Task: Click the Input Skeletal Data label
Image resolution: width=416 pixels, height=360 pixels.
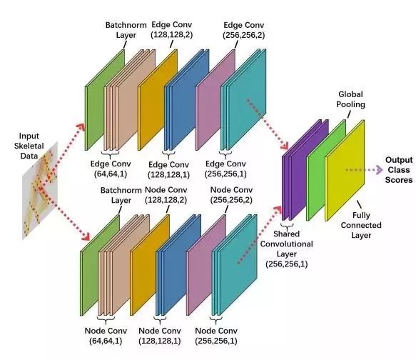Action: pos(29,146)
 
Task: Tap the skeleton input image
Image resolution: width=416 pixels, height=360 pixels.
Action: pos(40,190)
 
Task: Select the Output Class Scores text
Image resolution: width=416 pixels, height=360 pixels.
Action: pos(399,170)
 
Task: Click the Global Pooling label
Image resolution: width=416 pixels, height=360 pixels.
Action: pos(350,99)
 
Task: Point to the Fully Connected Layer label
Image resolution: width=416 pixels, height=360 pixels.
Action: pos(361,225)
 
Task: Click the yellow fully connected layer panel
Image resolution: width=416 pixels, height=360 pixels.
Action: pos(345,171)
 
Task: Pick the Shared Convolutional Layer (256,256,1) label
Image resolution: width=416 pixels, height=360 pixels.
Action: pos(287,249)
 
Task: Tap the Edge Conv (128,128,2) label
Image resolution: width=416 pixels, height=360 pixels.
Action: pos(172,30)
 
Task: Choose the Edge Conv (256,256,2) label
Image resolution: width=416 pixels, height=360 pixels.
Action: pos(244,30)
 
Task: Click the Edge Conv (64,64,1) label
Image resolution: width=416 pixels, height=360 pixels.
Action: pos(111,169)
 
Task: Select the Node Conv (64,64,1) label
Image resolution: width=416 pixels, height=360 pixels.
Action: pos(106,336)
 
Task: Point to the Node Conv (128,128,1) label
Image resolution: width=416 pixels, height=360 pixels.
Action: pos(160,336)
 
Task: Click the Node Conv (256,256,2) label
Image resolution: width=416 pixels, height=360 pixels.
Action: pos(231,194)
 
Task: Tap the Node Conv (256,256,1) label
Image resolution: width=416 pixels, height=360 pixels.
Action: pos(216,336)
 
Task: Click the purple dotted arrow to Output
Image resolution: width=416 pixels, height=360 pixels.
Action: pos(364,170)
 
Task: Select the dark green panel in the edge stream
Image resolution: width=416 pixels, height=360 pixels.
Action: pos(105,100)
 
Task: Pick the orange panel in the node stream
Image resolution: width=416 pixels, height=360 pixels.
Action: pos(150,265)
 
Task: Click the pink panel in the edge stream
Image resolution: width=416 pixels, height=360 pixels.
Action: pos(215,100)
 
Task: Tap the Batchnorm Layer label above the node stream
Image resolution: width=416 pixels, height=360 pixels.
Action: pos(121,195)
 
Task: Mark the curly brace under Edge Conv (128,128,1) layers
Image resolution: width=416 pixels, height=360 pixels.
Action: pos(168,154)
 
